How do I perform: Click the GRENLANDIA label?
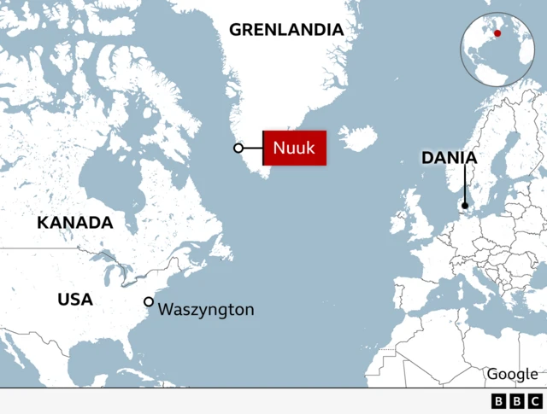[286, 30]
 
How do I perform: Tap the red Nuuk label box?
[294, 149]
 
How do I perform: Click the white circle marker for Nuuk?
[238, 149]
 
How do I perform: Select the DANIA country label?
[449, 158]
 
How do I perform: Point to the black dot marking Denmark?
[465, 205]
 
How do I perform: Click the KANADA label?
[75, 223]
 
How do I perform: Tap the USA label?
[75, 300]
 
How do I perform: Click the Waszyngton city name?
[206, 309]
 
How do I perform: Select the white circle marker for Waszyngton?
[149, 301]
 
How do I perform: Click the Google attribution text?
[512, 374]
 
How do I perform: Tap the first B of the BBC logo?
[499, 401]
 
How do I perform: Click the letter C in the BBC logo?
[534, 401]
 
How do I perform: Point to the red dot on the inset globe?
[498, 35]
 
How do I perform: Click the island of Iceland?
[358, 139]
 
